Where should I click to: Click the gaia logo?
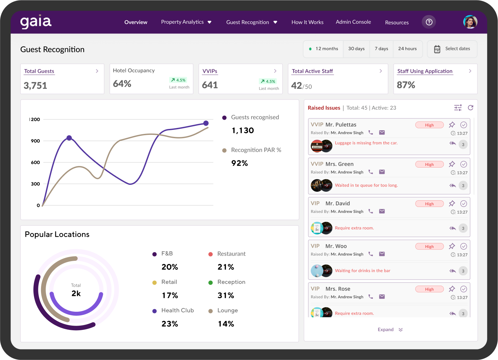coord(36,22)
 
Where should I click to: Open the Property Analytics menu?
coord(186,22)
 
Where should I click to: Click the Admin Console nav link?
coord(353,22)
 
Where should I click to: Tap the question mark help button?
coord(429,22)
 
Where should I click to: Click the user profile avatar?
coord(470,22)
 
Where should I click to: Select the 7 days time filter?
coord(381,49)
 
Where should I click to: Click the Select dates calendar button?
coord(452,49)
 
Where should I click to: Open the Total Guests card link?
coord(39,71)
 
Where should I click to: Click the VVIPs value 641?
coord(210,85)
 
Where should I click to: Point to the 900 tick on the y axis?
coord(35,141)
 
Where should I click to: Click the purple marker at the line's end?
coord(206,123)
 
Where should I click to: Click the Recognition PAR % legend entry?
coord(256,150)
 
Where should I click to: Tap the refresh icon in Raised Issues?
coord(470,108)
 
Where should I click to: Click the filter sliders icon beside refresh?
coord(458,108)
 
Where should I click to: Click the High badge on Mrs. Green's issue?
coord(429,165)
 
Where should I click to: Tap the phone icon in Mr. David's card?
coord(371,211)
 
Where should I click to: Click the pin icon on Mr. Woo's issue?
coord(452,246)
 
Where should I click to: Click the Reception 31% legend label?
coord(231,282)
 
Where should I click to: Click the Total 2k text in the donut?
coord(76,290)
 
